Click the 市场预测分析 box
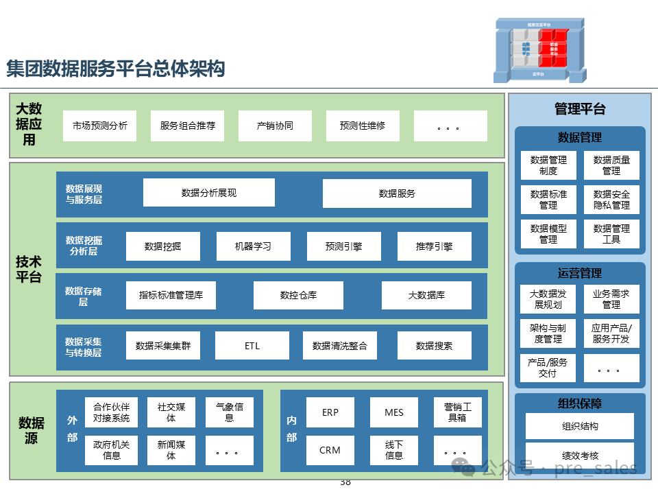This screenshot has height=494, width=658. click(x=99, y=126)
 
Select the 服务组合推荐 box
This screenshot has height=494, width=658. click(x=187, y=126)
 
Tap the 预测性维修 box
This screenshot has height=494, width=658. click(x=363, y=126)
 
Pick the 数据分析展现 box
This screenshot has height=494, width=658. click(x=209, y=193)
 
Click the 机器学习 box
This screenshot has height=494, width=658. click(x=253, y=246)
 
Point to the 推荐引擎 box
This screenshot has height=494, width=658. click(x=434, y=246)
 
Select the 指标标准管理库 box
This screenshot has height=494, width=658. click(x=171, y=296)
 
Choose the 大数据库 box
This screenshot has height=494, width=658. click(x=426, y=296)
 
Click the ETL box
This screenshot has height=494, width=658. click(x=252, y=346)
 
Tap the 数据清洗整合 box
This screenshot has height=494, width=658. click(x=339, y=346)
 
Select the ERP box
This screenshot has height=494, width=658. click(x=330, y=412)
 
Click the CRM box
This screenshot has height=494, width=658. click(x=330, y=451)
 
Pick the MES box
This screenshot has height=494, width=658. click(x=394, y=412)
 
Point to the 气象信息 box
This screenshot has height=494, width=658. click(x=230, y=412)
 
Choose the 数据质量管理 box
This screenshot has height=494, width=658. click(x=611, y=165)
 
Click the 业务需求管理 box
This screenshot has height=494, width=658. click(x=611, y=299)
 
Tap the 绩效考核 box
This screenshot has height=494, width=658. click(x=580, y=455)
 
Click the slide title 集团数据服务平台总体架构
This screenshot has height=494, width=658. click(x=116, y=69)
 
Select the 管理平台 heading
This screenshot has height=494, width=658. click(x=580, y=109)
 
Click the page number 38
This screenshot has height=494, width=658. click(x=345, y=482)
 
